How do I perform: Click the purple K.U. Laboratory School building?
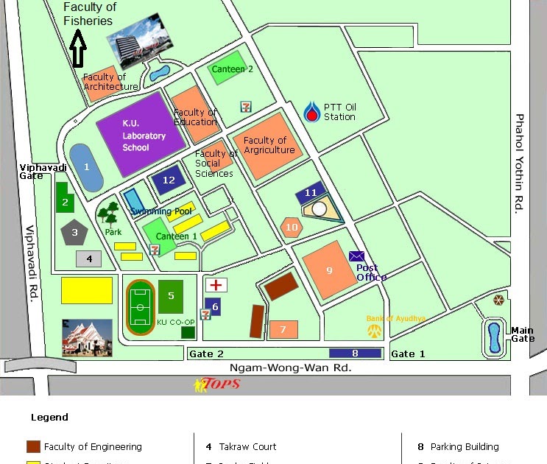click(x=140, y=136)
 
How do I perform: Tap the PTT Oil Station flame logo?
click(x=313, y=111)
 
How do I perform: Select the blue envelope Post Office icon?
click(x=357, y=256)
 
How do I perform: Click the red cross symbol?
click(x=216, y=285)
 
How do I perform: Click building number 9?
click(x=329, y=270)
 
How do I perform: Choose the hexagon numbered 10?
click(x=292, y=227)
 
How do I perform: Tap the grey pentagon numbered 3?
click(x=74, y=233)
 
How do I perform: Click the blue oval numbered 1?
click(x=86, y=168)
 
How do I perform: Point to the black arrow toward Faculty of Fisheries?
click(x=77, y=51)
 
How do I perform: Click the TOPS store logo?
click(x=217, y=384)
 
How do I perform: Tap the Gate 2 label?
click(x=206, y=354)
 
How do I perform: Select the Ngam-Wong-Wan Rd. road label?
click(x=291, y=367)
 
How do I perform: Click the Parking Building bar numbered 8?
click(x=355, y=354)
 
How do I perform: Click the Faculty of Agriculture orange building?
click(x=269, y=146)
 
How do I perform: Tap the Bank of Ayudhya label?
click(x=396, y=318)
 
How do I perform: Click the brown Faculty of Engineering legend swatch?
click(x=33, y=446)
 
